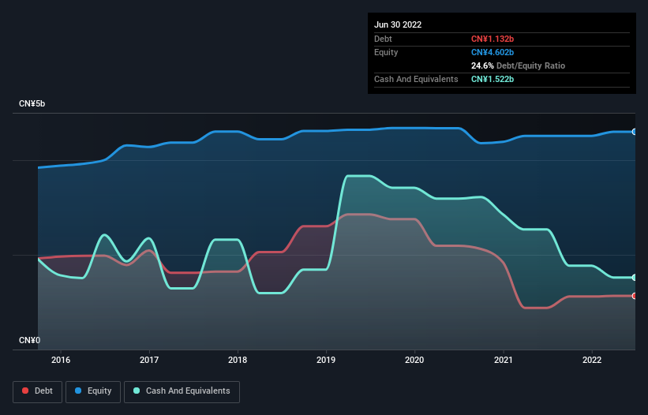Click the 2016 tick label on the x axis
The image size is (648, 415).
(x=60, y=361)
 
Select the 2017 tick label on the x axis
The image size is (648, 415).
(x=148, y=361)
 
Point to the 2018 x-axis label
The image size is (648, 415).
(x=237, y=361)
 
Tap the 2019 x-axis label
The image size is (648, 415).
(x=325, y=361)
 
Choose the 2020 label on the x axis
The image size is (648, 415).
(x=414, y=361)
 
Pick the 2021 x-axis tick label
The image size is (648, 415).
(x=502, y=361)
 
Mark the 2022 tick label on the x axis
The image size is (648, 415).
(x=591, y=361)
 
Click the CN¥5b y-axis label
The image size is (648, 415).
(x=32, y=104)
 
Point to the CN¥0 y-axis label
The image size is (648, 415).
(x=29, y=340)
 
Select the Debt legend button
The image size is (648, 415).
(x=37, y=391)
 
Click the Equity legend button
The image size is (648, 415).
(x=93, y=391)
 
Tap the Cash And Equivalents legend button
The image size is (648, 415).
(x=182, y=391)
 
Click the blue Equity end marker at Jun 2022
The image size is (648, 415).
(x=635, y=132)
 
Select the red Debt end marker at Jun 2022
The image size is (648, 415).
(x=635, y=296)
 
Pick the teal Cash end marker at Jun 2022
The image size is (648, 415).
(x=635, y=278)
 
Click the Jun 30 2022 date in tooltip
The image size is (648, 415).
(x=398, y=24)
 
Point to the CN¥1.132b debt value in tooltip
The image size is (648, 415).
(x=493, y=39)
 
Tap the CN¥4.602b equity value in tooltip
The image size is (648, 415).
(x=493, y=52)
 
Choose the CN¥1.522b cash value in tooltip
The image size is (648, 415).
(x=493, y=79)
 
